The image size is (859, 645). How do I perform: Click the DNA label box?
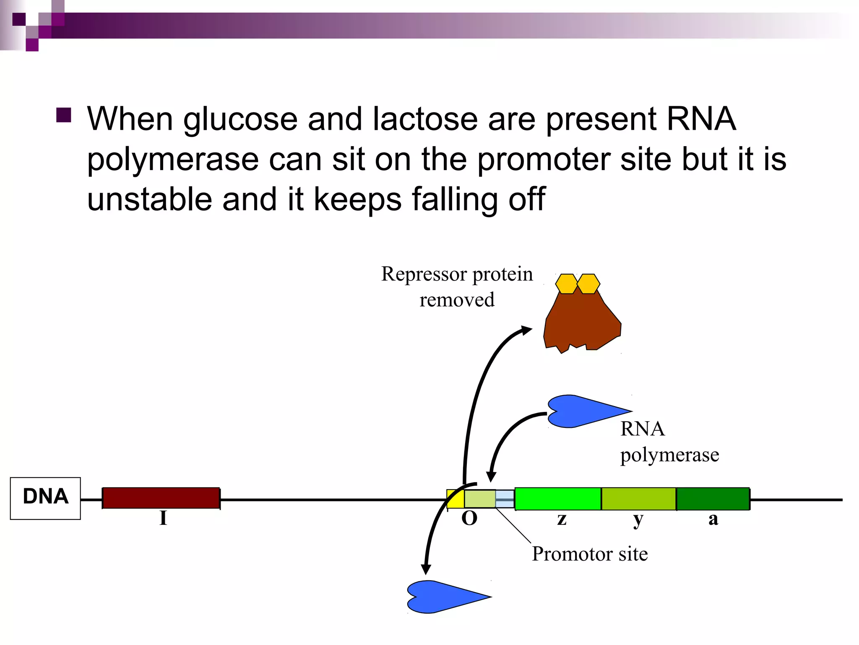(45, 498)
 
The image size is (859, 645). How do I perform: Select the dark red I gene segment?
(161, 498)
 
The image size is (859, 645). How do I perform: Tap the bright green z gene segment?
(558, 499)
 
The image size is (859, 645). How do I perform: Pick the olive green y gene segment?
(638, 499)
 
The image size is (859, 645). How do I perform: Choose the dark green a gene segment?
(713, 499)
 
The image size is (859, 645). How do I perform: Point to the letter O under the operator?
(469, 519)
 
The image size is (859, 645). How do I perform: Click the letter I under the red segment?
(163, 518)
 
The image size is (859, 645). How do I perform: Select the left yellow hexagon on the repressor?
(567, 284)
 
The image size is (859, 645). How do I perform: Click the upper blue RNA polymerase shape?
(583, 411)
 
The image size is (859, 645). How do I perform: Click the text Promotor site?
(590, 554)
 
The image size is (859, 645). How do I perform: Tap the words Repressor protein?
(457, 274)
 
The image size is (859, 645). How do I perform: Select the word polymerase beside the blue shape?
(669, 455)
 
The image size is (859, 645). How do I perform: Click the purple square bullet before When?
(64, 115)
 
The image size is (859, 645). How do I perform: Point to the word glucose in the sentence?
(240, 120)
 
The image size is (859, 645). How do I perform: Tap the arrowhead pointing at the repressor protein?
(526, 330)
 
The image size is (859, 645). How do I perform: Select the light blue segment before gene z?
(505, 499)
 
